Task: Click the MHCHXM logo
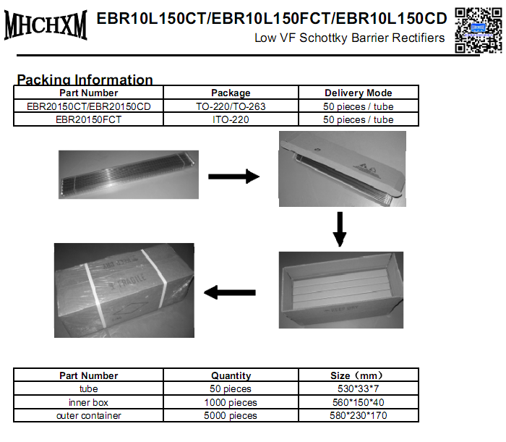(x=46, y=25)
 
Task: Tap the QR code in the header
(x=478, y=28)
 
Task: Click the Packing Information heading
(x=85, y=80)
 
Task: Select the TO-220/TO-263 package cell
(x=231, y=106)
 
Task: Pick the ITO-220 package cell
(x=231, y=119)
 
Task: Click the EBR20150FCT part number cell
(x=88, y=119)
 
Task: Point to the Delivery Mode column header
(x=358, y=93)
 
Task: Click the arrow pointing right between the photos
(x=233, y=176)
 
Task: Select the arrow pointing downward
(x=340, y=229)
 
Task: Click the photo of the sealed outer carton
(x=124, y=290)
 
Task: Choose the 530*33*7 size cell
(x=359, y=389)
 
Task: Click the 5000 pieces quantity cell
(x=231, y=415)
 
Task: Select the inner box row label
(x=88, y=402)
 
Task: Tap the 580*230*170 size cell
(x=359, y=415)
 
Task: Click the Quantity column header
(x=231, y=375)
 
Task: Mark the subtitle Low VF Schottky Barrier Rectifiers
(x=350, y=38)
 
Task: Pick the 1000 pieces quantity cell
(x=231, y=402)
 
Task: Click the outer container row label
(x=88, y=415)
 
